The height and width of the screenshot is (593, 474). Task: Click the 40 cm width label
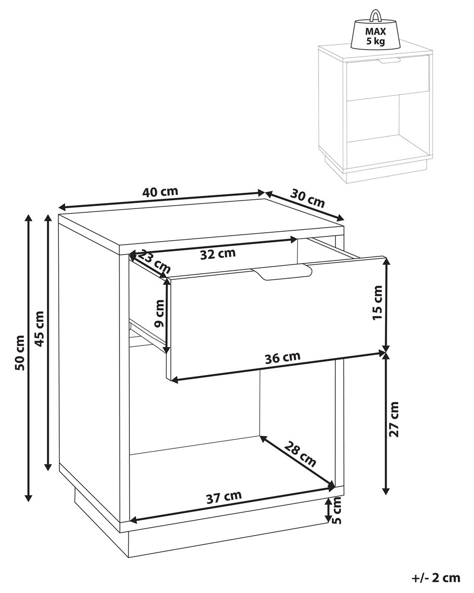[160, 192]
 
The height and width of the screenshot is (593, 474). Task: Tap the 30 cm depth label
[308, 198]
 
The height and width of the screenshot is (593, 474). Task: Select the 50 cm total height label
[20, 352]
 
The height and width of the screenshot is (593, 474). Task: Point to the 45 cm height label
[40, 329]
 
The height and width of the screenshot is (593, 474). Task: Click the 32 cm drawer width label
[218, 254]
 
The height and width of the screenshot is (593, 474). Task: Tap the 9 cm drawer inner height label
[159, 314]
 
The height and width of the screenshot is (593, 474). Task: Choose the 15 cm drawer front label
[377, 302]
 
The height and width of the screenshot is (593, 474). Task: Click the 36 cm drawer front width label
[282, 358]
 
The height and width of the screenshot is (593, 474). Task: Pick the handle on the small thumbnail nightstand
[389, 60]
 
